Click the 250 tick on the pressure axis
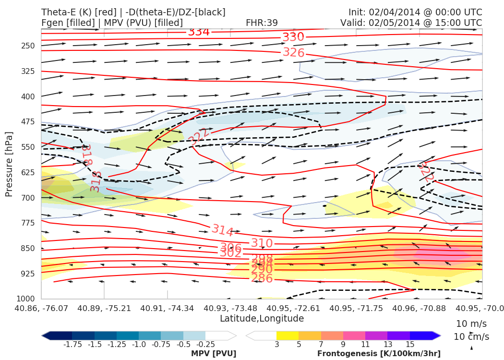point(29,46)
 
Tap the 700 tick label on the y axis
point(29,198)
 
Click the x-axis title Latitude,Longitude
point(262,318)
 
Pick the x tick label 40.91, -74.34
point(167,308)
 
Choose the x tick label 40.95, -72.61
point(293,308)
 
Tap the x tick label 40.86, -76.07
point(42,308)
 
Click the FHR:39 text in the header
point(262,23)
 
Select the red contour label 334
point(199,32)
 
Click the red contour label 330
point(293,37)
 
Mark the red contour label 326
point(294,52)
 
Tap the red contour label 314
point(223,230)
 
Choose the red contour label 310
point(262,243)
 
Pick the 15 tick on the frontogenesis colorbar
point(409,344)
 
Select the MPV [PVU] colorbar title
point(214,354)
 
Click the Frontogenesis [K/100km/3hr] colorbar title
point(379,354)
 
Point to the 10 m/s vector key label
point(468,324)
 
